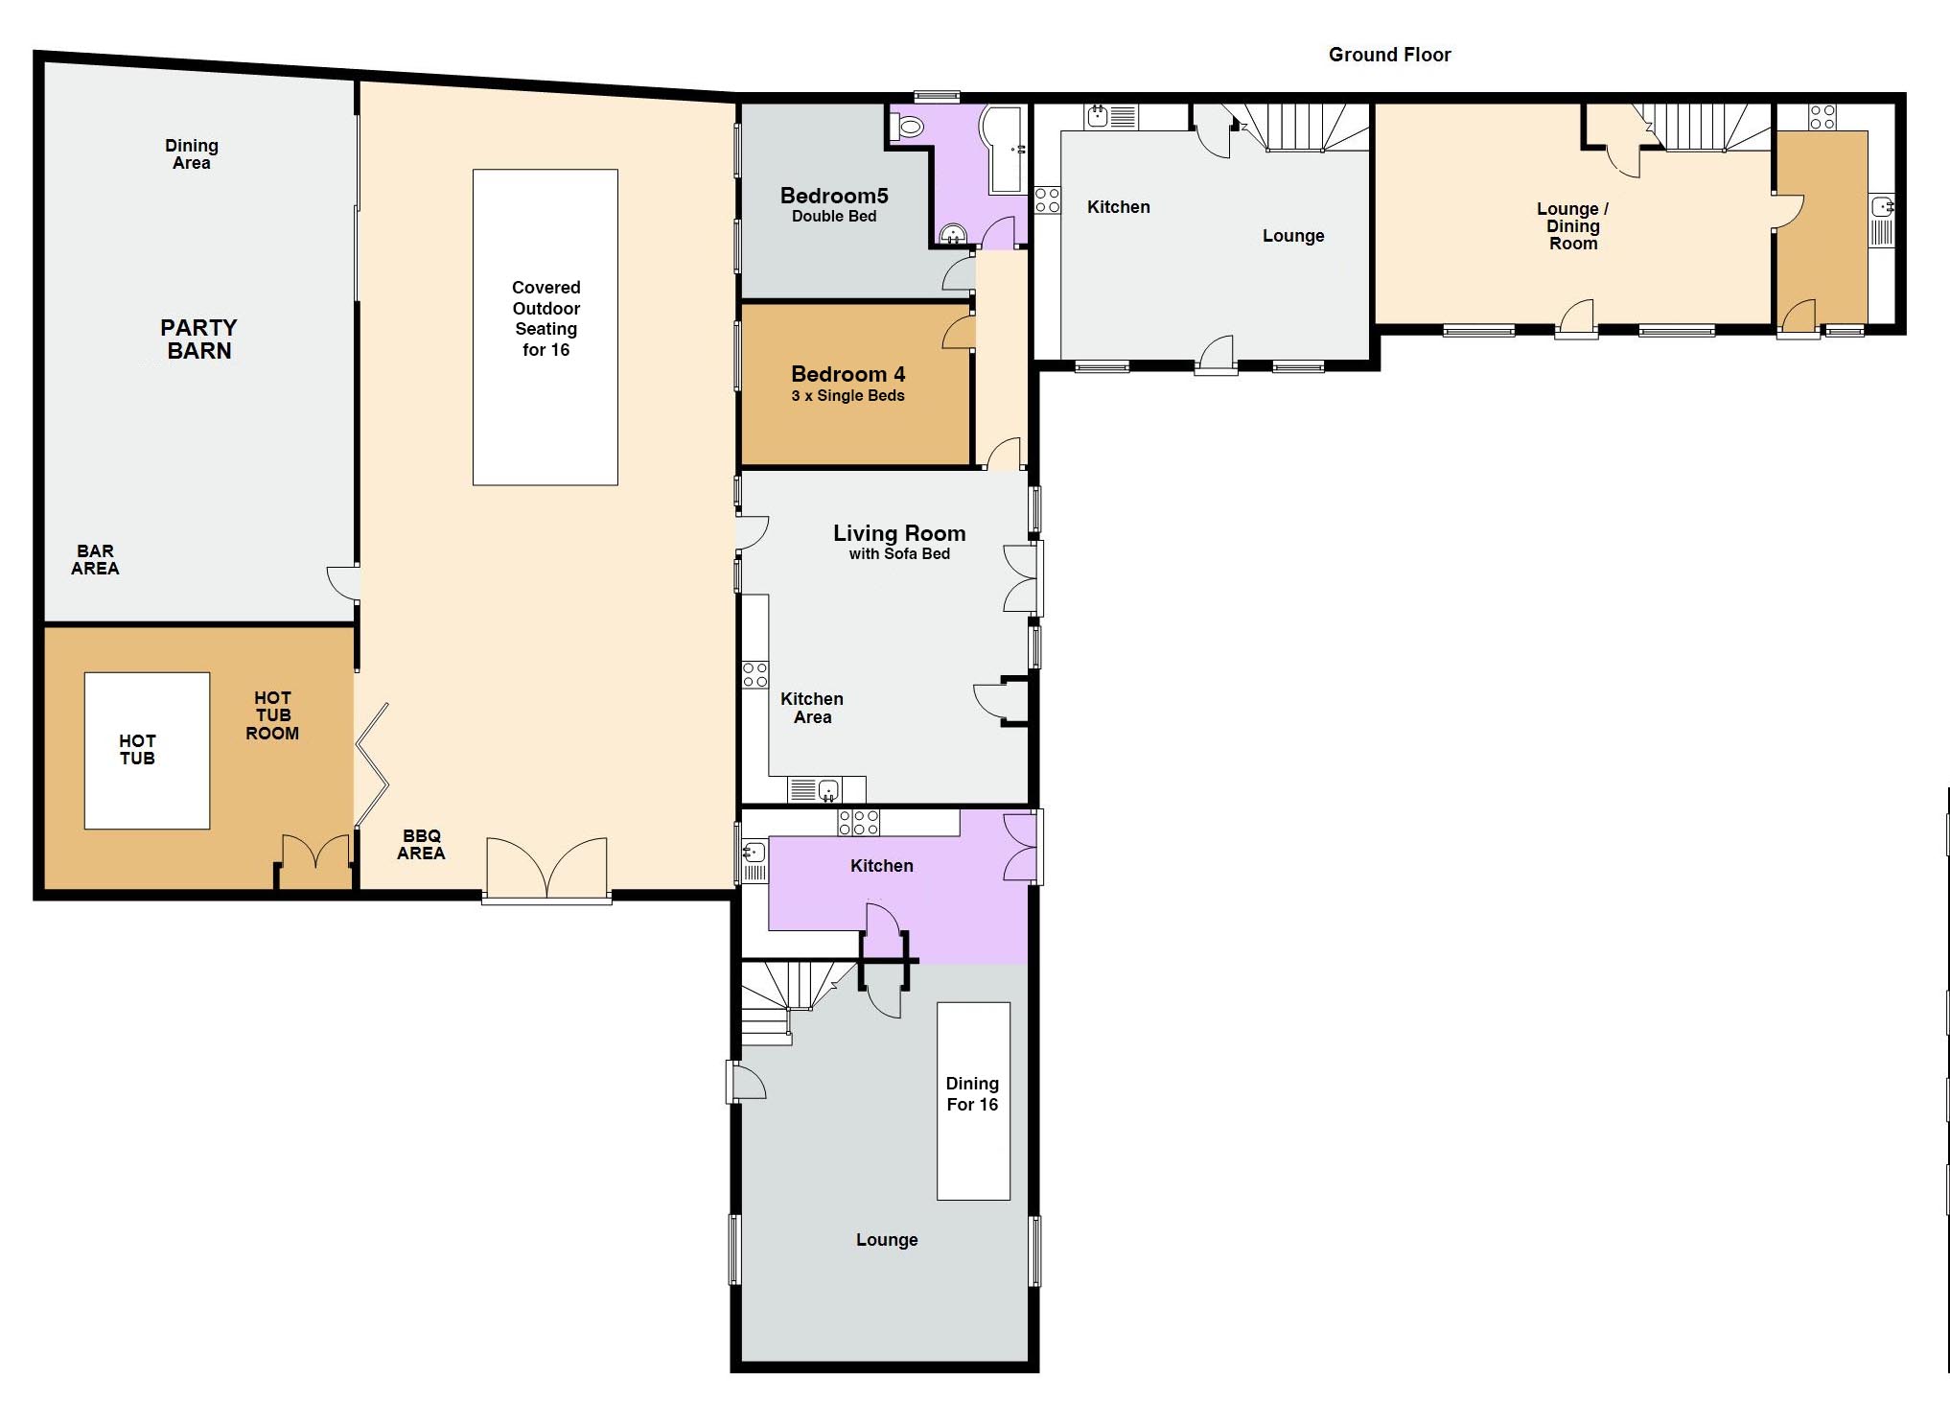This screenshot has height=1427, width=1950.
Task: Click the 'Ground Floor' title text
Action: (x=1389, y=55)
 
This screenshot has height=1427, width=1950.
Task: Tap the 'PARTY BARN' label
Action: (x=198, y=339)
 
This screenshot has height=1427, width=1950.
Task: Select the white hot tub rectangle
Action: (x=147, y=750)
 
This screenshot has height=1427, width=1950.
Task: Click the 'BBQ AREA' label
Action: (x=421, y=845)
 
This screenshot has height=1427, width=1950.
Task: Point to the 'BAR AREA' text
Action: (x=95, y=559)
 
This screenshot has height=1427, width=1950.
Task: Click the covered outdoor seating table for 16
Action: (x=545, y=327)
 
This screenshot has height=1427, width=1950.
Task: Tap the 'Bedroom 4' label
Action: (x=847, y=374)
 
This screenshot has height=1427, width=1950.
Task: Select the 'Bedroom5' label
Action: (x=834, y=196)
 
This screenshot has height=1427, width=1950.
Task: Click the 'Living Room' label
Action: (x=899, y=533)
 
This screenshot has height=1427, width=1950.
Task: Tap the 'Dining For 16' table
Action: (x=973, y=1101)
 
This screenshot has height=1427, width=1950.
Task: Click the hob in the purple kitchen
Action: (x=859, y=822)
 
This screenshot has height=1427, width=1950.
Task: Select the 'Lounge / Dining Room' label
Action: (x=1573, y=226)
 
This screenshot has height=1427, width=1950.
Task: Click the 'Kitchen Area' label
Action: (x=812, y=708)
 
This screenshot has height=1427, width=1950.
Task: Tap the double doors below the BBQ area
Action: (x=546, y=869)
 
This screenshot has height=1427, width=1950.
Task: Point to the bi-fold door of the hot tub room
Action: (x=371, y=765)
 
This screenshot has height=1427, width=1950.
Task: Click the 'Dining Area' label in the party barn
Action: (x=192, y=154)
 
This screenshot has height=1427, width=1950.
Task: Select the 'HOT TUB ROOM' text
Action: (x=272, y=715)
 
